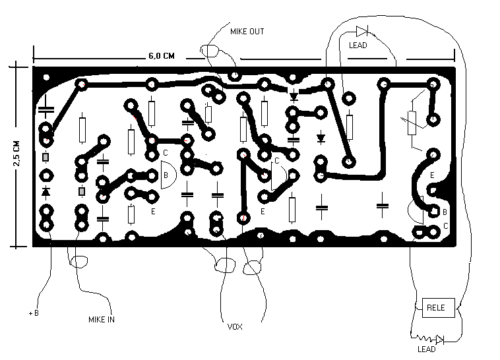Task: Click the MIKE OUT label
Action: point(247,32)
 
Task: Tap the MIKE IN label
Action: point(102,320)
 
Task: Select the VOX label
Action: point(235,327)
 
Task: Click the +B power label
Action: point(34,313)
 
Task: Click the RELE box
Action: point(439,308)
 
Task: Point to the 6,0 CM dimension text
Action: point(162,56)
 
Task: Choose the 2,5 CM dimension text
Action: point(16,154)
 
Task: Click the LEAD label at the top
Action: point(358,45)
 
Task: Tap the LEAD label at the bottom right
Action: point(426,349)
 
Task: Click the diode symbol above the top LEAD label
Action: point(362,31)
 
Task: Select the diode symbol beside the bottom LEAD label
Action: point(440,340)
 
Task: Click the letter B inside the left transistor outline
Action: point(166,175)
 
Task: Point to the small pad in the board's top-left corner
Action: point(46,77)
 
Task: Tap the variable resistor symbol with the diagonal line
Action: point(412,123)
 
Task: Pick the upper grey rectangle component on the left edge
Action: point(46,157)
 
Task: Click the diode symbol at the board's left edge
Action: point(46,192)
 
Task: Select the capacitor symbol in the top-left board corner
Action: point(46,109)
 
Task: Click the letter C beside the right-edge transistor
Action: point(445,225)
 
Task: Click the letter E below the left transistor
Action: point(153,211)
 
